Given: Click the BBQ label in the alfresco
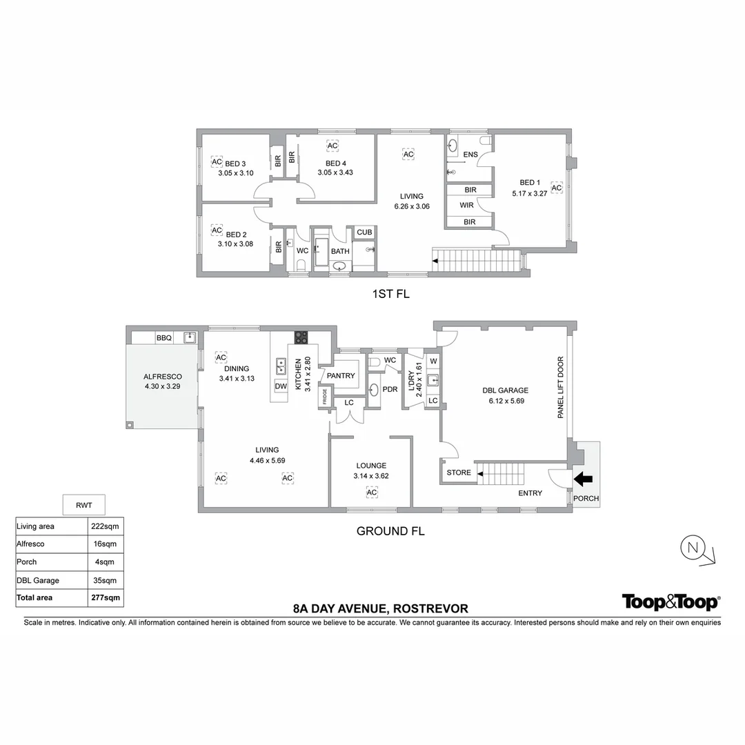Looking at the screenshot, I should pyautogui.click(x=163, y=338).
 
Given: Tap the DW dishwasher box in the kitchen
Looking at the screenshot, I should pyautogui.click(x=281, y=386).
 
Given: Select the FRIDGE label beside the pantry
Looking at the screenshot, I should pyautogui.click(x=324, y=398).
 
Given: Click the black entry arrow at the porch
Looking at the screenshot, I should pyautogui.click(x=583, y=478).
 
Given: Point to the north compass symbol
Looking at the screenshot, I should pyautogui.click(x=693, y=548).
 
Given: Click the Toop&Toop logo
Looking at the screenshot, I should pyautogui.click(x=670, y=602).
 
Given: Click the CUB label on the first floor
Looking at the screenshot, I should pyautogui.click(x=364, y=232).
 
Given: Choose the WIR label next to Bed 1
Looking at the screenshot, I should pyautogui.click(x=467, y=206).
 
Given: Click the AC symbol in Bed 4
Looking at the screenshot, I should pyautogui.click(x=332, y=146).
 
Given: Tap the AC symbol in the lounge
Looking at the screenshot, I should pyautogui.click(x=371, y=492).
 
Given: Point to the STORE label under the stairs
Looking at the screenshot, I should pyautogui.click(x=459, y=473).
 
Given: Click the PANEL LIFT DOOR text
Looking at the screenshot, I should pyautogui.click(x=560, y=388).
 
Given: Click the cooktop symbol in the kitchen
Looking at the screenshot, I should pyautogui.click(x=301, y=337).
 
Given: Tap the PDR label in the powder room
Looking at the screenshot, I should pyautogui.click(x=390, y=390).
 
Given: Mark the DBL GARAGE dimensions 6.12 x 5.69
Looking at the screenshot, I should pyautogui.click(x=506, y=400).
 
